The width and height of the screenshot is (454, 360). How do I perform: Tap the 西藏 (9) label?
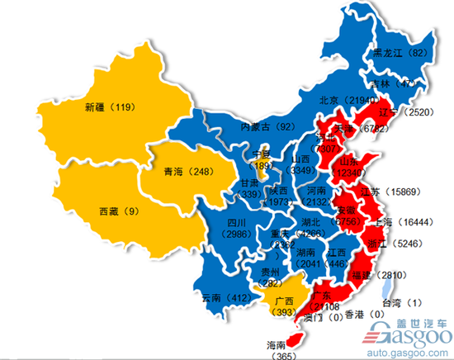(119, 210)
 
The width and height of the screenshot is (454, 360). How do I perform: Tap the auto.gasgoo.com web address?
(410, 349)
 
